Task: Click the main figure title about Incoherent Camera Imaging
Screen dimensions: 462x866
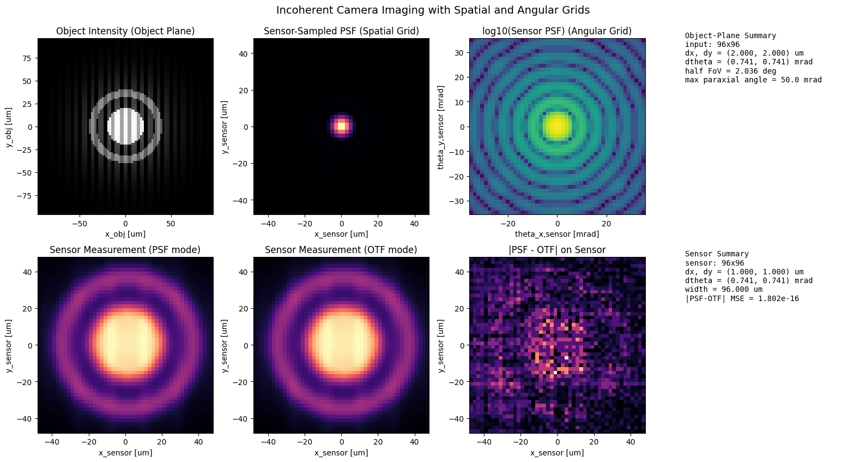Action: coord(433,10)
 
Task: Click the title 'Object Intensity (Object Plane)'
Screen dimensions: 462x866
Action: coord(125,31)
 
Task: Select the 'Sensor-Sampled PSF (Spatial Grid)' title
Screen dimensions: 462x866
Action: coord(341,31)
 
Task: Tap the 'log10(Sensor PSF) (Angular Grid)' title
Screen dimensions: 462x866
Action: coord(557,31)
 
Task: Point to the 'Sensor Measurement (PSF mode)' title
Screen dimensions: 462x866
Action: coord(125,250)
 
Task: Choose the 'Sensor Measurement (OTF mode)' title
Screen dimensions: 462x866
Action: coord(341,250)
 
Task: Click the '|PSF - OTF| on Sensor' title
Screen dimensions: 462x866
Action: coord(557,250)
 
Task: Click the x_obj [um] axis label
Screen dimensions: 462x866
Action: coord(125,234)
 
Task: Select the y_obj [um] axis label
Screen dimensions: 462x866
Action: coord(9,127)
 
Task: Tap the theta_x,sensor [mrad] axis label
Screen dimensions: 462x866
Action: coord(557,234)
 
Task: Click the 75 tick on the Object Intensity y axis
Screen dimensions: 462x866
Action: coord(27,58)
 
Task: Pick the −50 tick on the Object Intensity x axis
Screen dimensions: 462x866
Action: coord(80,224)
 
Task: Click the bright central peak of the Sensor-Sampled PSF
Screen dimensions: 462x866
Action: coord(341,127)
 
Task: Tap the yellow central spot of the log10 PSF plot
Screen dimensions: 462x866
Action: coord(557,126)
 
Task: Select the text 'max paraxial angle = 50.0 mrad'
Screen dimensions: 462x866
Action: coord(753,80)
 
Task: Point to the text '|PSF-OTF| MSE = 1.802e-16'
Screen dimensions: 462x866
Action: coord(742,298)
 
